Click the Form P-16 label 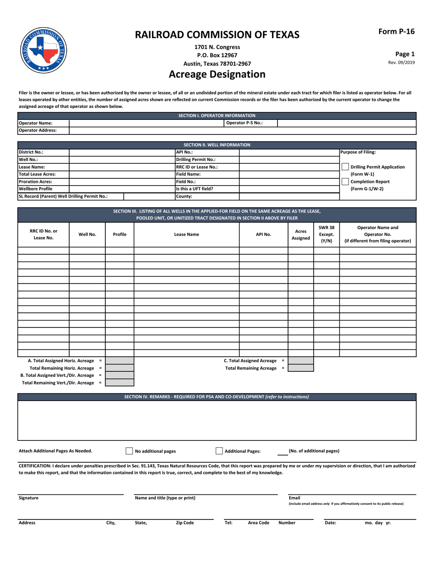[396, 32]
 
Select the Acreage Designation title [217, 74]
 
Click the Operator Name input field [146, 123]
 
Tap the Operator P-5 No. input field [347, 123]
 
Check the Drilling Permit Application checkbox [345, 167]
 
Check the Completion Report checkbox [345, 182]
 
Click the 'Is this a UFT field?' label [195, 189]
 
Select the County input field [289, 196]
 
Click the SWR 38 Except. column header [326, 235]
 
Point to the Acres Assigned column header [300, 235]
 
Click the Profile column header [120, 235]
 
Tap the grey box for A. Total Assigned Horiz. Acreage [120, 361]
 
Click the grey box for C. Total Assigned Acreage [300, 361]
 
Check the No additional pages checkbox [129, 451]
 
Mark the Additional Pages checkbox [219, 451]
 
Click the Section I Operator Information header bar [217, 116]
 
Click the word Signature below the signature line [28, 498]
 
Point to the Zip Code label [185, 523]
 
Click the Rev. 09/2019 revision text [401, 63]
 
